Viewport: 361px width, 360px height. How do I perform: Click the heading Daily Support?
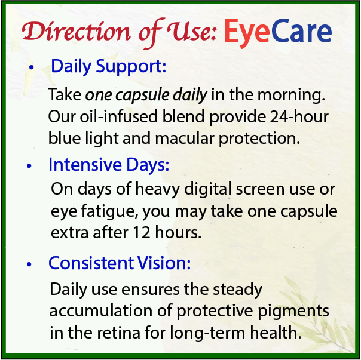tap(108, 67)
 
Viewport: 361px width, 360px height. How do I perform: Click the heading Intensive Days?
tap(108, 164)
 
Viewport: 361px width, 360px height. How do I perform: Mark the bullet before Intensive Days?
tap(29, 166)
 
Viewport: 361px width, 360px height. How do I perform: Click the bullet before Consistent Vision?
tap(29, 264)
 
